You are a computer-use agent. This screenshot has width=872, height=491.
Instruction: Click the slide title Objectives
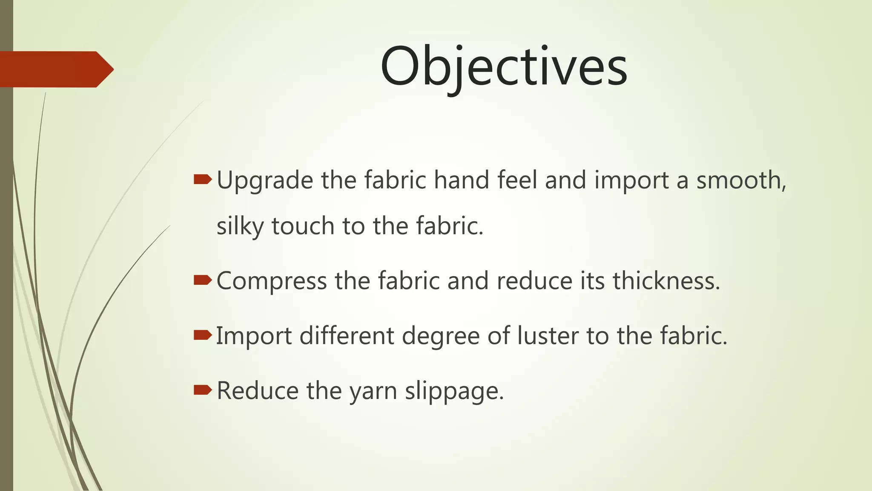click(x=503, y=67)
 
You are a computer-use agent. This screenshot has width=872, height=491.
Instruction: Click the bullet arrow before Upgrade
click(x=202, y=179)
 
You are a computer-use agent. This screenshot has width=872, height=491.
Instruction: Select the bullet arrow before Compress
click(x=202, y=280)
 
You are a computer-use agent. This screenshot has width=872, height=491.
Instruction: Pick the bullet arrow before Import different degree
click(x=202, y=335)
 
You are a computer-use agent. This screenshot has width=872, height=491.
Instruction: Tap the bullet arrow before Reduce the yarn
click(x=202, y=390)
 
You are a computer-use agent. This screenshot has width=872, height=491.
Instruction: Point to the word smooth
click(x=741, y=180)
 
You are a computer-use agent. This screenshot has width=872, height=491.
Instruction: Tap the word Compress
click(x=272, y=282)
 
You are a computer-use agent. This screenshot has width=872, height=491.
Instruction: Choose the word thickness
click(x=666, y=281)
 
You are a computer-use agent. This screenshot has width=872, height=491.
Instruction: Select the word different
click(x=347, y=336)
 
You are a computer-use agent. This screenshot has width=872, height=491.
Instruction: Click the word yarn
click(x=373, y=391)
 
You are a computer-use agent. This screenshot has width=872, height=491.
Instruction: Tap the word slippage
click(x=454, y=391)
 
